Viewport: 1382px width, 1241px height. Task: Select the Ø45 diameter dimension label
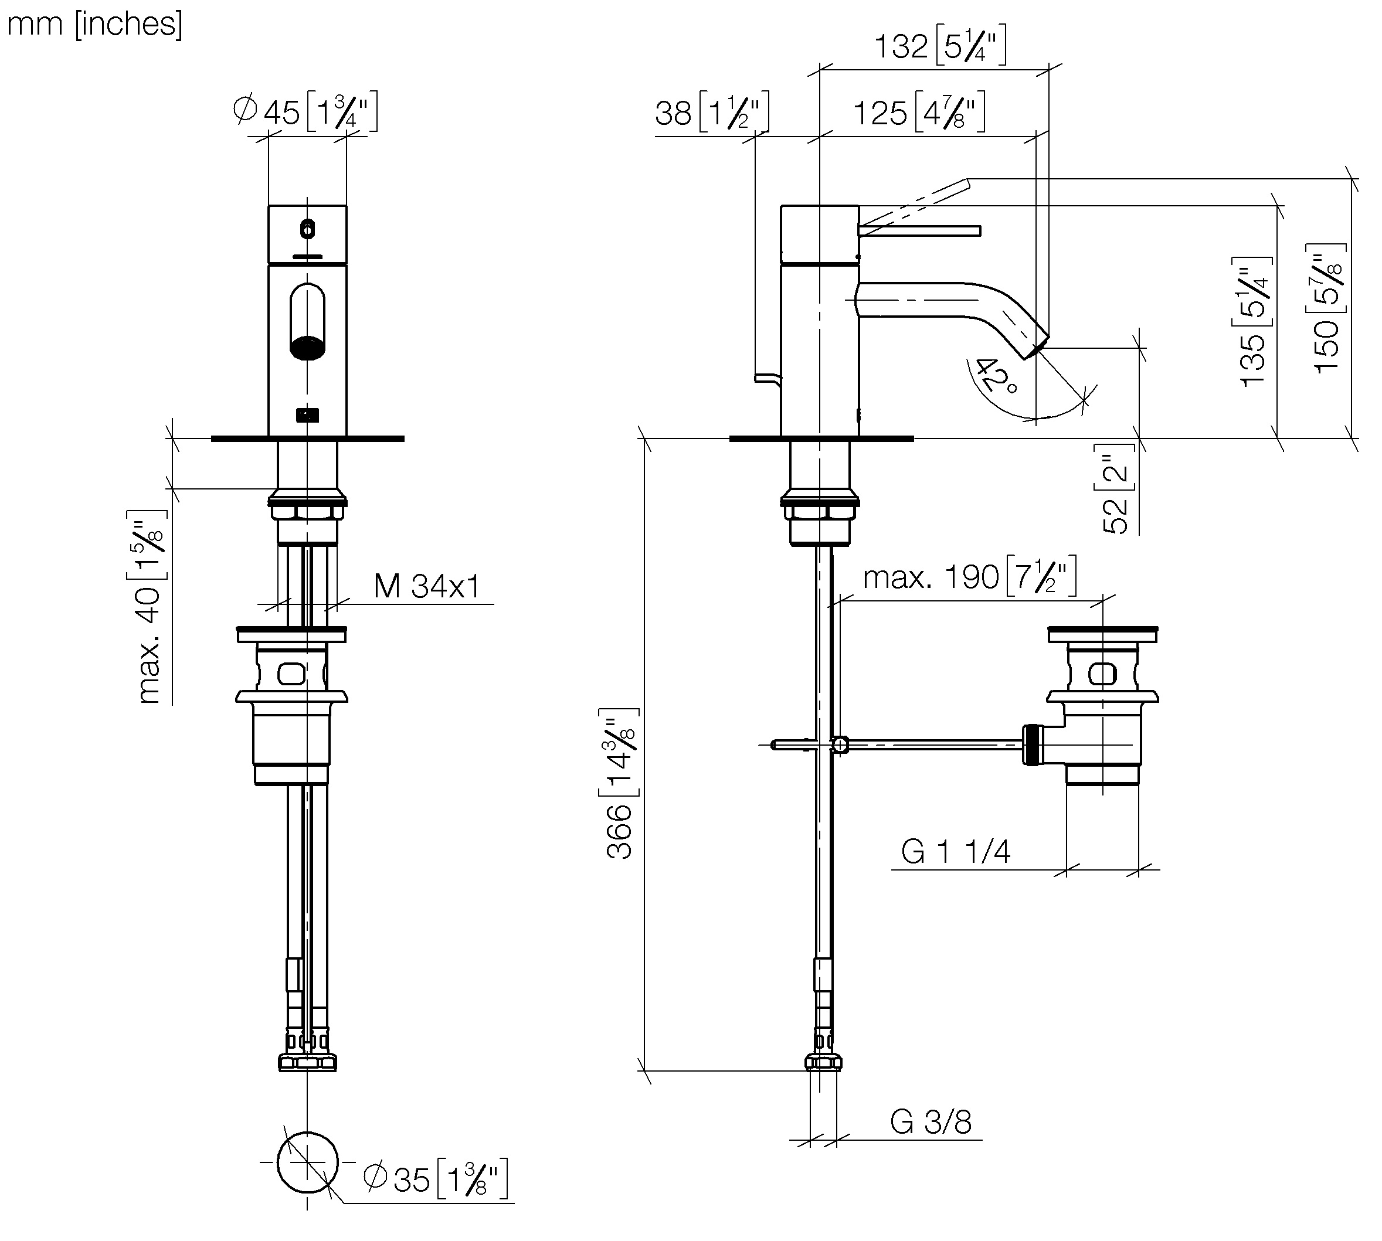coord(305,112)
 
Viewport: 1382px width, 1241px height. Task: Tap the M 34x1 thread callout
coord(427,586)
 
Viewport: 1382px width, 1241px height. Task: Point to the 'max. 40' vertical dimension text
coord(149,607)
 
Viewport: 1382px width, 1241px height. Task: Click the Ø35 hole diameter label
coord(436,1179)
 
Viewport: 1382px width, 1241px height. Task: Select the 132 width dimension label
coord(940,46)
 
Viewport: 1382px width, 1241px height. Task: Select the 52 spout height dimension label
coord(1118,488)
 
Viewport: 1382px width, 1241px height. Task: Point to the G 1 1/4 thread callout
coord(956,852)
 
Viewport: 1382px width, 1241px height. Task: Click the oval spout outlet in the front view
coord(308,321)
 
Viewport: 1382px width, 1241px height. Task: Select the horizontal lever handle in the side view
coord(919,230)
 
